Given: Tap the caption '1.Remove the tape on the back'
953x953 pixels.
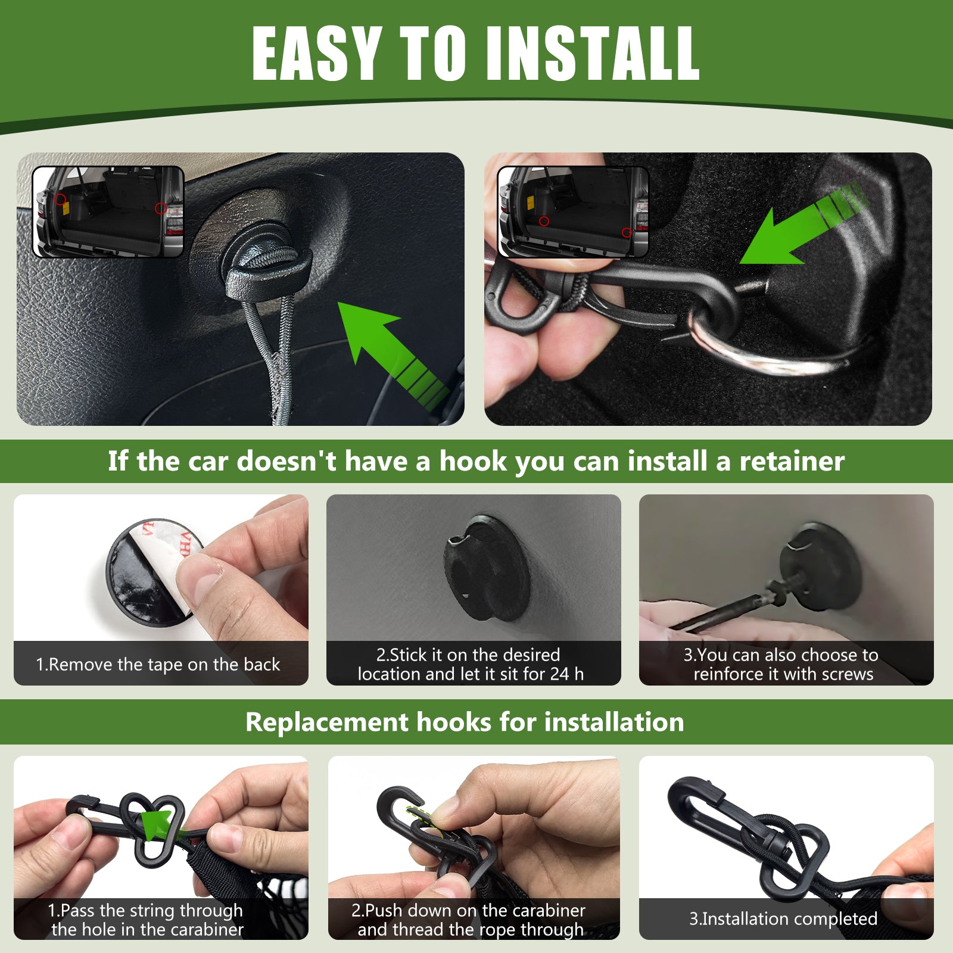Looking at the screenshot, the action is tap(158, 664).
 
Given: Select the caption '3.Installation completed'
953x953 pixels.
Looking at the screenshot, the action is tap(783, 918).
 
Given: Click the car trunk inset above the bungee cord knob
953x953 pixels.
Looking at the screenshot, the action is tap(108, 211).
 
